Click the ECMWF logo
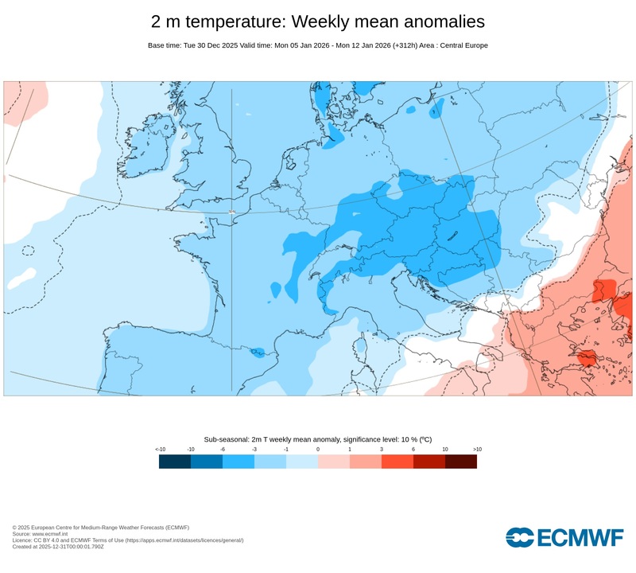(x=564, y=537)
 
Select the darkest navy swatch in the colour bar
(x=175, y=461)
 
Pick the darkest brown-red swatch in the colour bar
(x=461, y=461)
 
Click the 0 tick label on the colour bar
(x=318, y=450)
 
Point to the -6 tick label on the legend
(x=223, y=450)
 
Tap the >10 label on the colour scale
(x=477, y=450)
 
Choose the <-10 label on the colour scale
(x=160, y=450)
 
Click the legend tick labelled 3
(x=382, y=450)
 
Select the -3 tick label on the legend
(x=254, y=450)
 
